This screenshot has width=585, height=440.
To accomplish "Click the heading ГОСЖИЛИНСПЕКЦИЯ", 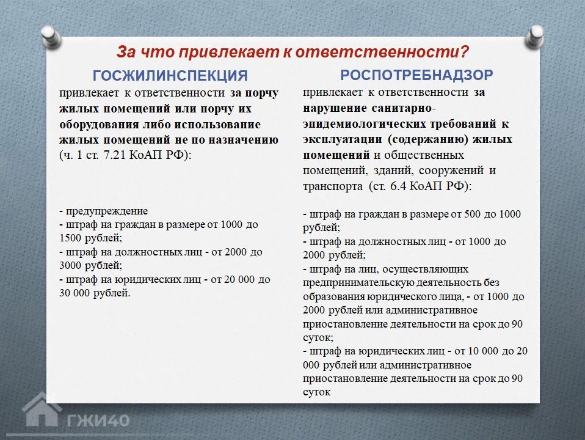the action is pyautogui.click(x=170, y=75).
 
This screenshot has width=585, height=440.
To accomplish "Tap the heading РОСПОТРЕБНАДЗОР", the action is pyautogui.click(x=416, y=75).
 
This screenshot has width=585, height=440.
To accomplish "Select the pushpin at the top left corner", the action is pyautogui.click(x=51, y=37).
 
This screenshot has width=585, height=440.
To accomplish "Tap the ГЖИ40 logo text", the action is pyautogui.click(x=98, y=420).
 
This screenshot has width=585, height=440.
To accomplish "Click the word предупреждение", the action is pyautogui.click(x=107, y=211).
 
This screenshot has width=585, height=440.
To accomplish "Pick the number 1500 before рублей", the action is pyautogui.click(x=71, y=238).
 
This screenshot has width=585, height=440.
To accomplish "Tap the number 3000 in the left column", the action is pyautogui.click(x=71, y=266).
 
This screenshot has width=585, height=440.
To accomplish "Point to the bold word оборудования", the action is pyautogui.click(x=100, y=125).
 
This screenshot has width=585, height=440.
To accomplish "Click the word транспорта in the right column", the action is pyautogui.click(x=332, y=186).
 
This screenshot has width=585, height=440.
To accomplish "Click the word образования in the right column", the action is pyautogui.click(x=333, y=296).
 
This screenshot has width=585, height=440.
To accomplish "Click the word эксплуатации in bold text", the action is pyautogui.click(x=343, y=139).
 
